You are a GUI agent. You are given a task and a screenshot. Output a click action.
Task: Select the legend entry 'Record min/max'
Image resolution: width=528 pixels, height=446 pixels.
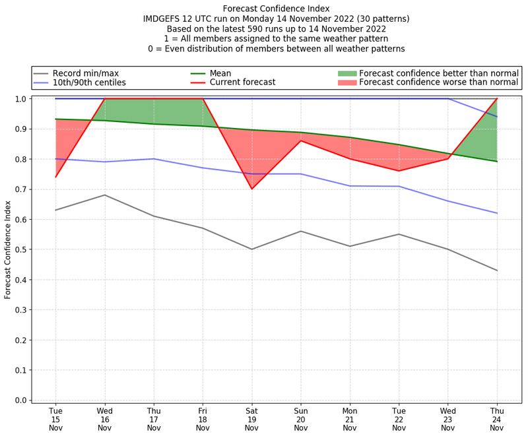(x=86, y=73)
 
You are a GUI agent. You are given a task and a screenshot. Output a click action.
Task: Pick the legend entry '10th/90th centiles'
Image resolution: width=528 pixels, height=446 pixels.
(x=89, y=83)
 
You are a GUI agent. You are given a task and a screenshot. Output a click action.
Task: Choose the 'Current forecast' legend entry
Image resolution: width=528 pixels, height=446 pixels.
(x=242, y=83)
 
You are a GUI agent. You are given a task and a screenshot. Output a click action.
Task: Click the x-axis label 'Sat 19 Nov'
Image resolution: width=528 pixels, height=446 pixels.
(x=251, y=419)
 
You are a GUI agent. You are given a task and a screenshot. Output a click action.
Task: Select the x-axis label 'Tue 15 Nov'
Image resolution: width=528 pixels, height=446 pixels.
(x=55, y=419)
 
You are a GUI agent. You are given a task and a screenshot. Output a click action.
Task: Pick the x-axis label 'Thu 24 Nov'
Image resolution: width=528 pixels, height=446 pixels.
(x=497, y=419)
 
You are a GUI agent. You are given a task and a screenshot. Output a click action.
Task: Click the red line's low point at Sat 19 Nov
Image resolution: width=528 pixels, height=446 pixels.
(x=251, y=189)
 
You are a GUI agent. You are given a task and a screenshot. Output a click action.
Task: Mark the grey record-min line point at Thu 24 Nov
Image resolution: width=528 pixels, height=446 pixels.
(x=497, y=271)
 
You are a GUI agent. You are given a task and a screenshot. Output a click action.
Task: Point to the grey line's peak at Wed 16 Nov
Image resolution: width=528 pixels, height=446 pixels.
(x=104, y=195)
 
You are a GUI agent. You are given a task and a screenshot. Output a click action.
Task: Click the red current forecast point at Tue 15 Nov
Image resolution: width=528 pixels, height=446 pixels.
(x=55, y=177)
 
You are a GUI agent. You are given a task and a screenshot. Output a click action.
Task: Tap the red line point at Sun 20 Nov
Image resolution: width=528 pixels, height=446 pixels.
(x=301, y=141)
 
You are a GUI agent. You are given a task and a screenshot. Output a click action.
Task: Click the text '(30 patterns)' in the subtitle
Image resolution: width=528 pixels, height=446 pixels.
(x=383, y=19)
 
